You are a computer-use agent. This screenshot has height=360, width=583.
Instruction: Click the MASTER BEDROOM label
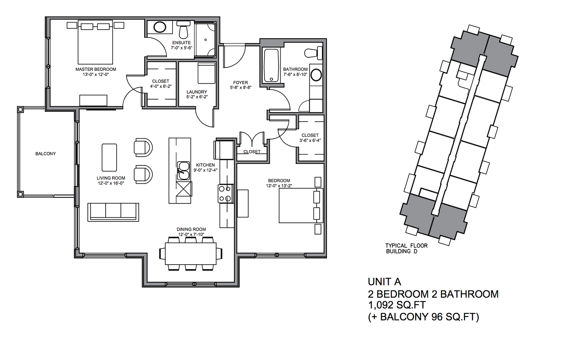click(x=96, y=69)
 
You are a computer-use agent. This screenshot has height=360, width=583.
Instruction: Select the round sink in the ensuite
click(x=160, y=27)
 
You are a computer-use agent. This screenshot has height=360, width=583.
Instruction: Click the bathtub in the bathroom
click(x=271, y=66)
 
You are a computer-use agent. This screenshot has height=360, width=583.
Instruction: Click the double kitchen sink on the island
click(x=183, y=171)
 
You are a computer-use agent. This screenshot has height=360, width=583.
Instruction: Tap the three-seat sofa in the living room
click(x=113, y=212)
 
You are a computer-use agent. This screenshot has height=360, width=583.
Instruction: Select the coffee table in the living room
click(x=109, y=157)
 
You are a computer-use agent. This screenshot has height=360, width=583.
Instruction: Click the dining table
click(x=191, y=254)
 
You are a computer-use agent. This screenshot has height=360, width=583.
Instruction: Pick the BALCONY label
click(x=46, y=154)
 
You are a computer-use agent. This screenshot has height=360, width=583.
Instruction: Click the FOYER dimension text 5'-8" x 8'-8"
click(x=240, y=88)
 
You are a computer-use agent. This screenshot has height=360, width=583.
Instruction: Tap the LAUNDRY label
click(x=197, y=92)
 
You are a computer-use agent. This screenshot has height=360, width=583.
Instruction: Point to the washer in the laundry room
click(x=206, y=73)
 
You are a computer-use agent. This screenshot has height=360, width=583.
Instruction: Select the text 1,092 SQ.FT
click(x=397, y=305)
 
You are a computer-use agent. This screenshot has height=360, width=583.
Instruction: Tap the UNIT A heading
click(x=384, y=282)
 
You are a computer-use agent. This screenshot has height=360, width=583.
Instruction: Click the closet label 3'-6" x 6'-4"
click(x=310, y=140)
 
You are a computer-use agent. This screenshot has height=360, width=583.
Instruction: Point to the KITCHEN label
click(x=206, y=165)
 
